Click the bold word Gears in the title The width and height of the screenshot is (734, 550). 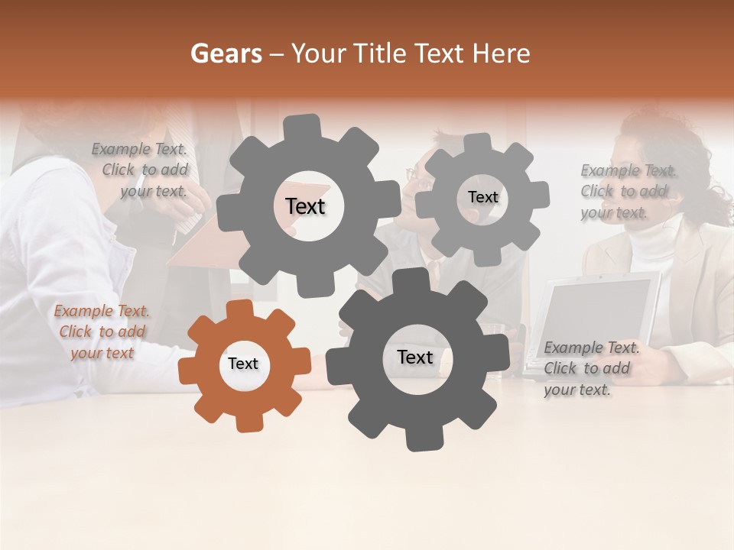point(226,53)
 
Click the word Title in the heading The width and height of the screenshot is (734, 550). point(380,53)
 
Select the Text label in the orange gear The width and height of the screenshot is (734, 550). point(242,364)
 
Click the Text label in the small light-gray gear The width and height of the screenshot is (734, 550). point(482,197)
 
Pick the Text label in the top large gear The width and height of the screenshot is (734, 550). point(305,206)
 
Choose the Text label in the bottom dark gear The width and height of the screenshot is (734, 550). point(414,357)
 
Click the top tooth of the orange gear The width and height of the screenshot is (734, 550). point(239,308)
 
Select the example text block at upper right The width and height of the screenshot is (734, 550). point(628,191)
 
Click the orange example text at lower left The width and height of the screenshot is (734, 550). point(102,332)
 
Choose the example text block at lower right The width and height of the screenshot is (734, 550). point(590,369)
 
